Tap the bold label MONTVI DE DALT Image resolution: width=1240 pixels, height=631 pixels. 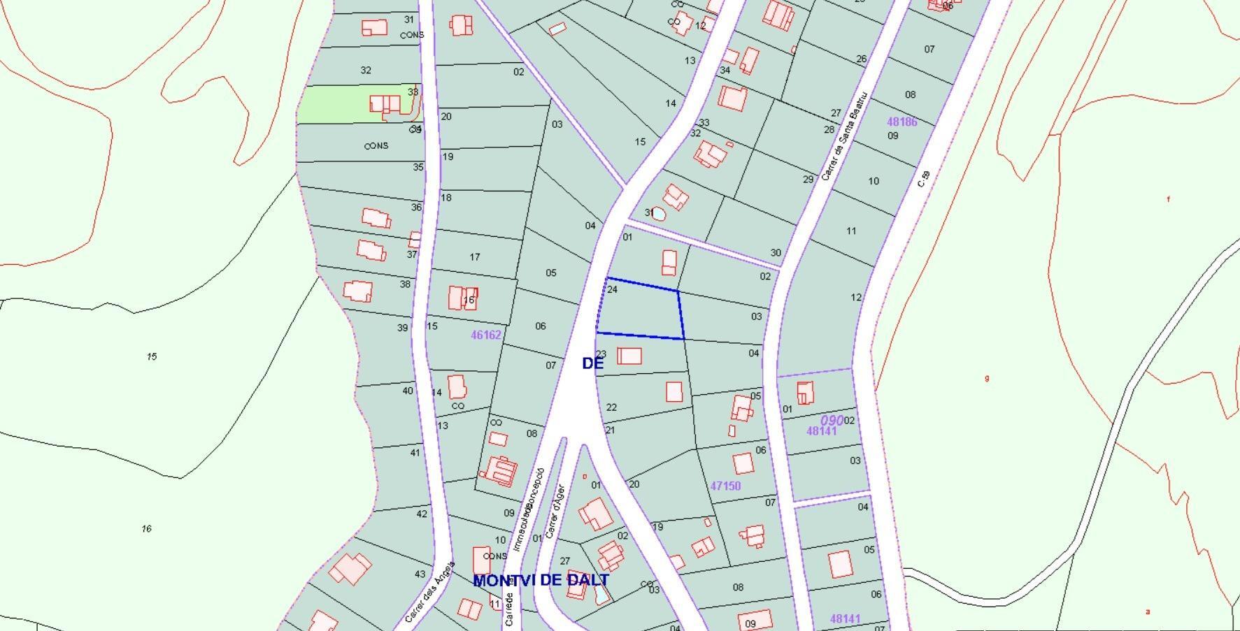(541, 580)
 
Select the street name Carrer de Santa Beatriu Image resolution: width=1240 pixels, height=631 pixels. (844, 136)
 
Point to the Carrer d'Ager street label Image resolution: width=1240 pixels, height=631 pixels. (555, 512)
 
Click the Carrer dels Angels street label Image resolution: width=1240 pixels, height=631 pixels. (429, 593)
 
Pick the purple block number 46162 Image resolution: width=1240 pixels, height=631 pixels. (485, 335)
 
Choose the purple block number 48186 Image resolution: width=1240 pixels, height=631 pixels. (902, 122)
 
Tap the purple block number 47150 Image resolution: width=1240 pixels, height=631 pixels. (725, 486)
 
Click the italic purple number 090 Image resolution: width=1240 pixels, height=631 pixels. (832, 421)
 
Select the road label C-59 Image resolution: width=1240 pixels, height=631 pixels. (924, 179)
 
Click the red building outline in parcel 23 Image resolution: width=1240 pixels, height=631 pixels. (629, 356)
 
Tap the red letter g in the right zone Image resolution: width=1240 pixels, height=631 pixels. (987, 378)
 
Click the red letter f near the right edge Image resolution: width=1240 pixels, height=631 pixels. (1168, 199)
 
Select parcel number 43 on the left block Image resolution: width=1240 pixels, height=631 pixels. (420, 574)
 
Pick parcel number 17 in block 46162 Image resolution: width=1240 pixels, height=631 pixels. (475, 257)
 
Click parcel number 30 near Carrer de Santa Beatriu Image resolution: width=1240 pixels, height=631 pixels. (776, 253)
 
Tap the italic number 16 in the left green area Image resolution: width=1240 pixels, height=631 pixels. (146, 528)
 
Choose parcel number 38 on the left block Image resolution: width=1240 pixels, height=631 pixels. (405, 284)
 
